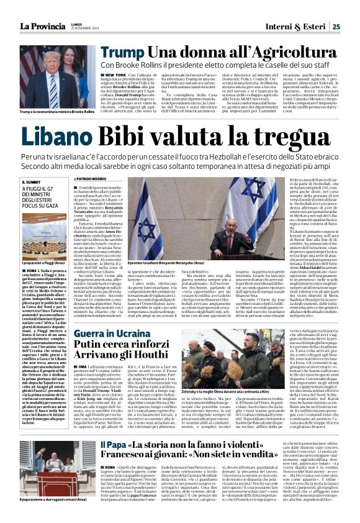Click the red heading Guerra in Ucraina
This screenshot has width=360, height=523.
point(105,334)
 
